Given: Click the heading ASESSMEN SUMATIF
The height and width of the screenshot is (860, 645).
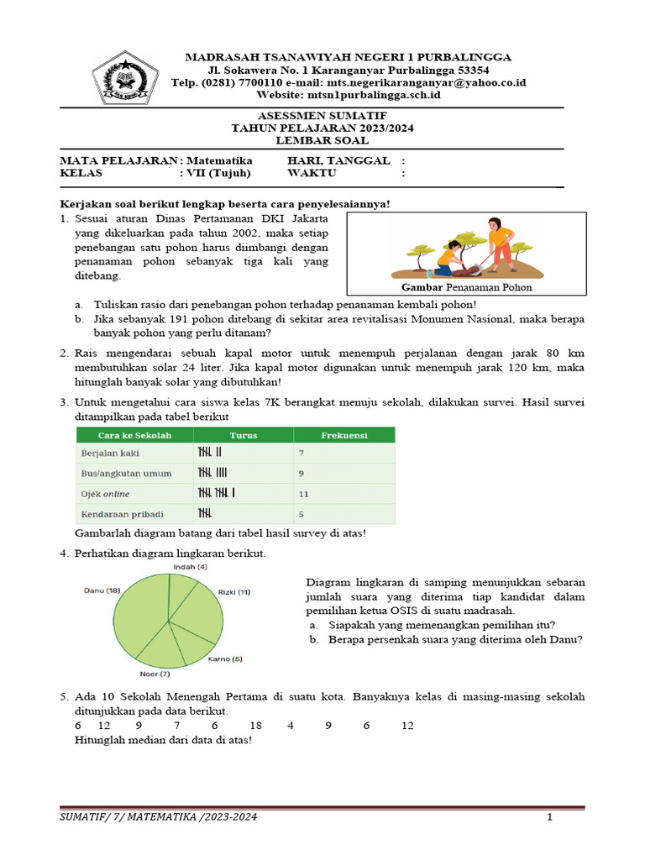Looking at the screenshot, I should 322,115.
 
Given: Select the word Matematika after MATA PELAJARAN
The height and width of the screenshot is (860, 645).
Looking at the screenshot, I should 219,160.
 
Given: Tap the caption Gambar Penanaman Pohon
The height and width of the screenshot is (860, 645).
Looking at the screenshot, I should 461,287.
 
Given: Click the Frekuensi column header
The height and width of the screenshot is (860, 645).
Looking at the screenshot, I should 343,435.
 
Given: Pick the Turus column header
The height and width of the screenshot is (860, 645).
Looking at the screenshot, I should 244,435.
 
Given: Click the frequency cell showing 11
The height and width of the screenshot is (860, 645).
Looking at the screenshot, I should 304,493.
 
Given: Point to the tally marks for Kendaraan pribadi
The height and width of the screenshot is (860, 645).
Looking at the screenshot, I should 204,513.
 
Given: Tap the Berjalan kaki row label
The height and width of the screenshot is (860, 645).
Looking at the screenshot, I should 110,453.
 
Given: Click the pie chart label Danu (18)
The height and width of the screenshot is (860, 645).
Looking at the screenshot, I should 101,590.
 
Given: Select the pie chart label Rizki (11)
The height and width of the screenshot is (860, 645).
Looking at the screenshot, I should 233,592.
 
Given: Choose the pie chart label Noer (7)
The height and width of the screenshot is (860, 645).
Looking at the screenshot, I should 155,674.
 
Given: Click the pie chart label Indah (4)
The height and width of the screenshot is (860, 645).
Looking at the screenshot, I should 190,567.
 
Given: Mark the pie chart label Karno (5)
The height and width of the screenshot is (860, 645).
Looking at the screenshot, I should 224,659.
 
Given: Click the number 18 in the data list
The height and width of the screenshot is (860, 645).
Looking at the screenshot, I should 256,726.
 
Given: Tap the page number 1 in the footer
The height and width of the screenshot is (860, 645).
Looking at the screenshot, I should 549,817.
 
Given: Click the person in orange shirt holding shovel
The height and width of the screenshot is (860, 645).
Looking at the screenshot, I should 501,243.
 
